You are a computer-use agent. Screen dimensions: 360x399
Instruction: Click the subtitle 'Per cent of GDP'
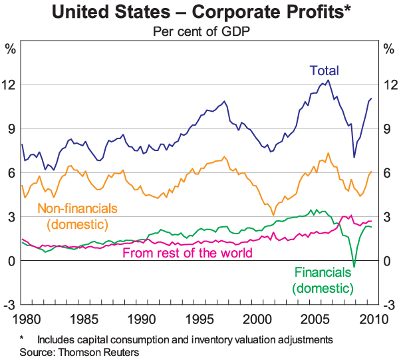199,31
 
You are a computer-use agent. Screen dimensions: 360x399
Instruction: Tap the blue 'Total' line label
324,71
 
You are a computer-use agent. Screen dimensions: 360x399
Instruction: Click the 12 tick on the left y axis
10,84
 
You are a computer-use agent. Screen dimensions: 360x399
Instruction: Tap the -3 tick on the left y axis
10,305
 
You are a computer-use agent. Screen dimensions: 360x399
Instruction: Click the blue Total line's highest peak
328,80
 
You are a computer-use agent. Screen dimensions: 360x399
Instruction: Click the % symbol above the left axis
10,49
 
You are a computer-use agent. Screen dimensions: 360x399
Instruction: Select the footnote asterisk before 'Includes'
22,340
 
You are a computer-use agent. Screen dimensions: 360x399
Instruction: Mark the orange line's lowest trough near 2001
273,215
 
